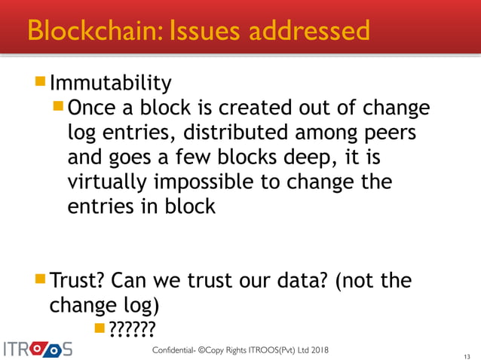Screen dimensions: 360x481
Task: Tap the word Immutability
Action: [110, 81]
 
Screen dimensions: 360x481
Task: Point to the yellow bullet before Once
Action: [60, 107]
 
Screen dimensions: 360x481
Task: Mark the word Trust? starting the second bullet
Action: [77, 282]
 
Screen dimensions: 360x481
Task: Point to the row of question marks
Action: [133, 328]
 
